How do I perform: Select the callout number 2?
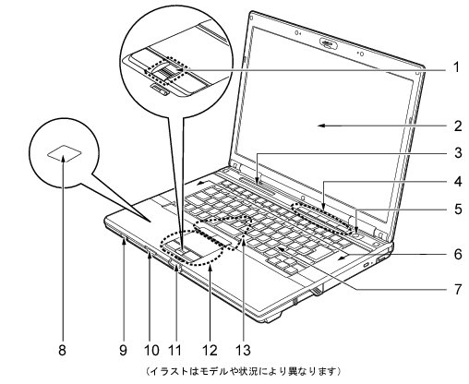[458, 126]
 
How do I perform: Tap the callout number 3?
[458, 152]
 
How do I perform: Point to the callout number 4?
[458, 181]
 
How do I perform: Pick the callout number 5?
[458, 210]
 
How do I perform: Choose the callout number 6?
[458, 254]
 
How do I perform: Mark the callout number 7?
[458, 289]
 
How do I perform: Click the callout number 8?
[62, 350]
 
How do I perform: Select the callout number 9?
[123, 350]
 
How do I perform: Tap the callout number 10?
[151, 350]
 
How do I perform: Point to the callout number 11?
[175, 350]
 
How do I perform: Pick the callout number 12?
[210, 350]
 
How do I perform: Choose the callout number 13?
[243, 350]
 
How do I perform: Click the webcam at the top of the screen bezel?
[329, 43]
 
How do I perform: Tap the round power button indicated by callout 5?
[356, 234]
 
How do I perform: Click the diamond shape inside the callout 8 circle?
[65, 153]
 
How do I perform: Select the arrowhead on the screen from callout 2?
[321, 126]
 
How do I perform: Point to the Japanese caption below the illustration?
[243, 371]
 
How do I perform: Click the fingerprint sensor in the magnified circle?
[166, 72]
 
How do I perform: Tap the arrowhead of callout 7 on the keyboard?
[281, 248]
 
